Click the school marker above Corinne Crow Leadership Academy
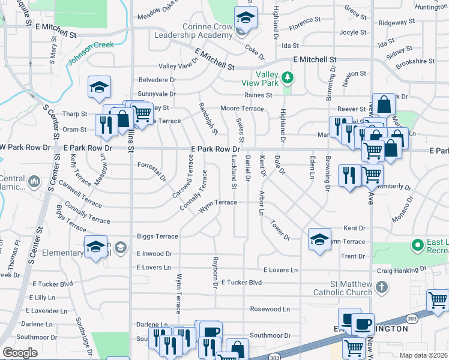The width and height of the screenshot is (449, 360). pos(246,17)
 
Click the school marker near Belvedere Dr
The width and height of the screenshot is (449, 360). pos(99,88)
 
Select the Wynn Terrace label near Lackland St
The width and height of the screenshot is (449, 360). pos(218,203)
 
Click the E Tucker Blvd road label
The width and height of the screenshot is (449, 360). pos(241,282)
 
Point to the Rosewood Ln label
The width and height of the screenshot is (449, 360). pos(270,310)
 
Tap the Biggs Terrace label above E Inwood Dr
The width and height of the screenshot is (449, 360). pos(157,237)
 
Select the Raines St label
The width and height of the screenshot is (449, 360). pos(258,95)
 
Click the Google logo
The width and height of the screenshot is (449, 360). pos(20,353)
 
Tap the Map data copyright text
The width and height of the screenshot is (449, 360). pos(423,355)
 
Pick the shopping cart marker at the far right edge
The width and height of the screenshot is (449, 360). pos(438,301)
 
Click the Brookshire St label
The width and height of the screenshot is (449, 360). pos(415,61)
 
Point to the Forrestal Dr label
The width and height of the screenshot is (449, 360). pos(151,169)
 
